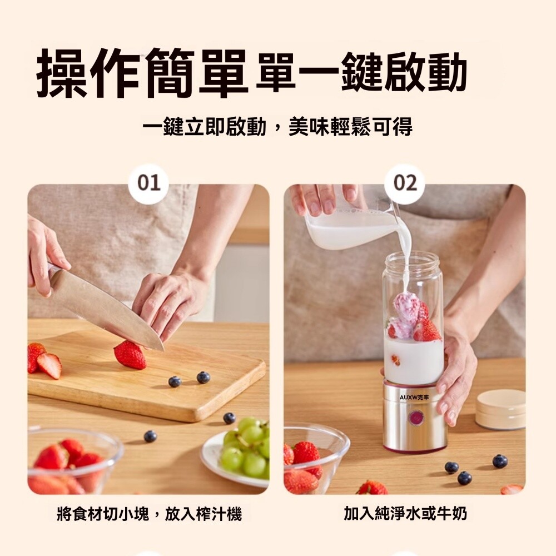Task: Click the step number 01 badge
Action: click(149, 183)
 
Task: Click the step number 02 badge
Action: click(405, 183)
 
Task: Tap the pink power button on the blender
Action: click(415, 418)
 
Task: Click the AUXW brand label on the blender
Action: click(414, 398)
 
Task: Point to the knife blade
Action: click(106, 309)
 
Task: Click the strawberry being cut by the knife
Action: click(130, 355)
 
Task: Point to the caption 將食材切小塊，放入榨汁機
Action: click(149, 514)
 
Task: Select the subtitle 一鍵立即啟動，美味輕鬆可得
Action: click(277, 127)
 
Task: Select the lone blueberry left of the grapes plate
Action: click(150, 436)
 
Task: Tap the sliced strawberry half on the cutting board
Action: click(49, 366)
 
